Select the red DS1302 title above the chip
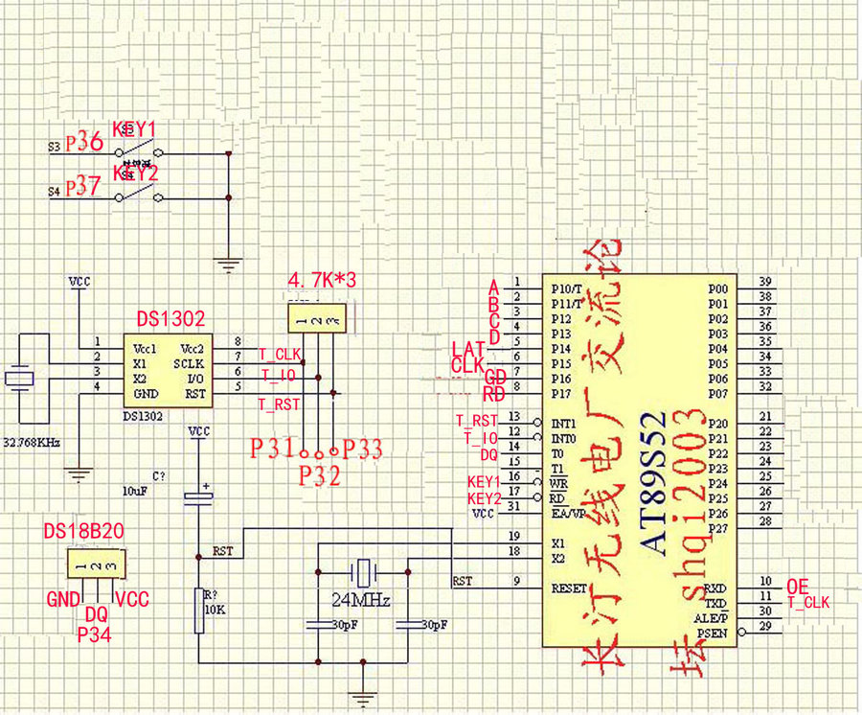coord(170,319)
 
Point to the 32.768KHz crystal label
coord(33,443)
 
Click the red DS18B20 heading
coord(84,531)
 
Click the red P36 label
coord(84,141)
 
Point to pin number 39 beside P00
coord(764,282)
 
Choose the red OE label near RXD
coord(798,585)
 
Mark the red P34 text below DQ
coord(95,635)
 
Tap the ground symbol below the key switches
coord(228,265)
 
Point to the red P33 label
coord(363,448)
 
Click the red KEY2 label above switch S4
coord(135,173)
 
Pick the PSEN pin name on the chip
coord(711,634)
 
